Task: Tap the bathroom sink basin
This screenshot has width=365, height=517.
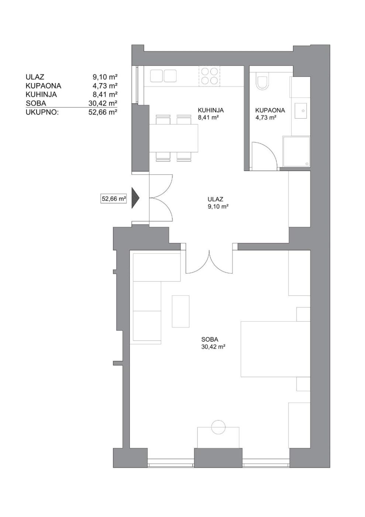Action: (x=301, y=111)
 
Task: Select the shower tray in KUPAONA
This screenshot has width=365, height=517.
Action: (x=296, y=151)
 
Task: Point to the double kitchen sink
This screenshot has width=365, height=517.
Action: (x=163, y=76)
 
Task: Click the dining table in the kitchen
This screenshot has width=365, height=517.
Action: (x=174, y=138)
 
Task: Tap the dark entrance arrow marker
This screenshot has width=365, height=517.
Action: (x=136, y=198)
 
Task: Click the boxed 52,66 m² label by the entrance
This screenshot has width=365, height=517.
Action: (x=114, y=199)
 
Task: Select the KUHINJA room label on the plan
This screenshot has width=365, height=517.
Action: (x=211, y=110)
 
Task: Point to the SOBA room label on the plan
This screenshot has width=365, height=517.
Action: (x=210, y=339)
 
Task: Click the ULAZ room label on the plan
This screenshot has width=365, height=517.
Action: (x=215, y=199)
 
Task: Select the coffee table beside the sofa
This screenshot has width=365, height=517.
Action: (x=180, y=311)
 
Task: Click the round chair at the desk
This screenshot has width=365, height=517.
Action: (x=218, y=427)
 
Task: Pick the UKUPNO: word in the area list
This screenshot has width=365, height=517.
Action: (x=42, y=113)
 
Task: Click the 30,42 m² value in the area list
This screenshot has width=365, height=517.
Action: (x=103, y=103)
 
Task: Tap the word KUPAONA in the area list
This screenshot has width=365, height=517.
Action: (x=44, y=86)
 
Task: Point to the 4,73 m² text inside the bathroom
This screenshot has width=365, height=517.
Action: (x=266, y=118)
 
